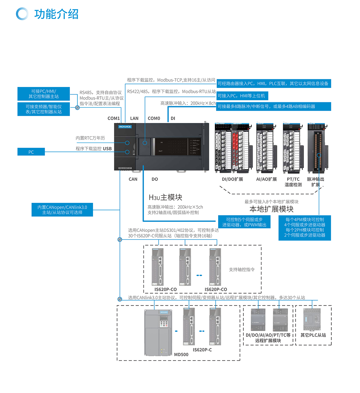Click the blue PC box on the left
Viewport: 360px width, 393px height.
31,152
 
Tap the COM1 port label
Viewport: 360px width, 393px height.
114,118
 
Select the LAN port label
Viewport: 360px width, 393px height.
134,118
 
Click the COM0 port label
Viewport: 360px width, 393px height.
154,118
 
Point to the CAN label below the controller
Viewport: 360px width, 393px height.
133,179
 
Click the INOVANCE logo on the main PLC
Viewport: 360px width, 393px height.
125,127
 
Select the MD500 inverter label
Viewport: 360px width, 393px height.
181,354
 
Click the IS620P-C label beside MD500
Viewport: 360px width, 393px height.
202,350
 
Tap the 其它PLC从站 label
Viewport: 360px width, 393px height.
313,335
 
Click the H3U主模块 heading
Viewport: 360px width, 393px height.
165,197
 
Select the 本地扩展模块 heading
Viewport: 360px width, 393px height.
271,209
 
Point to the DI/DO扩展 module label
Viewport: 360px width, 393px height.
232,179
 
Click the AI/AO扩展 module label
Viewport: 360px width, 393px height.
266,179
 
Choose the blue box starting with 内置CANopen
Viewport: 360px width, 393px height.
62,210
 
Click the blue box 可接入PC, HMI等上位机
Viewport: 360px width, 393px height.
241,96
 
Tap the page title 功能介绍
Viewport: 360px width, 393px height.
56,14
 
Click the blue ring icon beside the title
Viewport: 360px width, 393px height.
22,14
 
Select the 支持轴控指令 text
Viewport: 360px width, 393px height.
242,269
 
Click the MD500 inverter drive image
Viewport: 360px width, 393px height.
158,332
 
